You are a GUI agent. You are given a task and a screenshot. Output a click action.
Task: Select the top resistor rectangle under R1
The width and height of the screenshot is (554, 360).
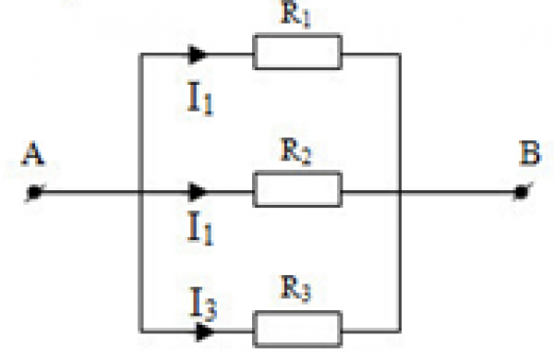point(297,53)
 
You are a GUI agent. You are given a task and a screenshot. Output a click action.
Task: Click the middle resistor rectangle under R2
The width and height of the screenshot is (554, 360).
point(297,190)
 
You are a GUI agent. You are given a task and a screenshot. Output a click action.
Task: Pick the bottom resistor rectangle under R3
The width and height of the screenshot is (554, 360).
point(297,328)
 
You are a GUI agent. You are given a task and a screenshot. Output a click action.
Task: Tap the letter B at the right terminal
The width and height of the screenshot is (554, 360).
point(530,154)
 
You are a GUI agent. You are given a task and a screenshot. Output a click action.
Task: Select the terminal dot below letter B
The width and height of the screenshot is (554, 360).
point(522,192)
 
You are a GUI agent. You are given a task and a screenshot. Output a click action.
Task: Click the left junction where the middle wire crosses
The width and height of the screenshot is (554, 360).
point(138,192)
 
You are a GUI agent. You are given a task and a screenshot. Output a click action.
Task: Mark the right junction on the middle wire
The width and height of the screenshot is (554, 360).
point(399,192)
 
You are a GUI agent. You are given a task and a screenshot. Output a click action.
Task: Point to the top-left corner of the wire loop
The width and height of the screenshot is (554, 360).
point(138,54)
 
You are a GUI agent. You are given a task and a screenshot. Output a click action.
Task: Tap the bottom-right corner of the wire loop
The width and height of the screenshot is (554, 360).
point(399,329)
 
